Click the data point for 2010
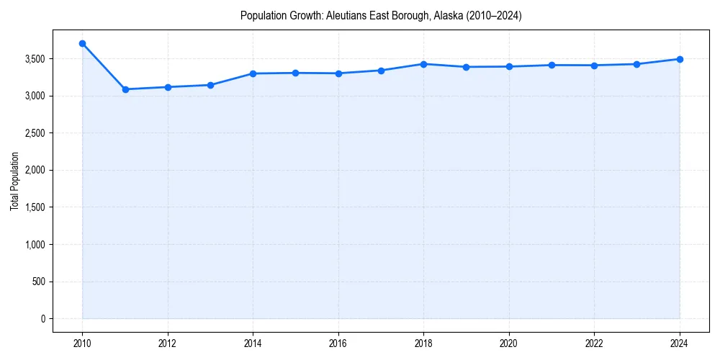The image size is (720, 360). point(82,44)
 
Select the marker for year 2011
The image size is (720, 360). point(125,89)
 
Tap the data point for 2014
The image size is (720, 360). point(253,73)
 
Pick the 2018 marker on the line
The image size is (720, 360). point(423,64)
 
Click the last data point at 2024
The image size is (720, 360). point(680,59)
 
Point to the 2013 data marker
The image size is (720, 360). point(210,85)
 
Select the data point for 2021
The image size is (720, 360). point(552,65)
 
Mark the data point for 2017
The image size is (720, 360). point(381,71)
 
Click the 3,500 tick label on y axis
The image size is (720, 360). point(34,59)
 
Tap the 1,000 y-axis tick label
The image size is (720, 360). point(34,245)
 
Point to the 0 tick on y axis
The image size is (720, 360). point(42,319)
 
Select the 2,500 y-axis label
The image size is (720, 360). point(34,133)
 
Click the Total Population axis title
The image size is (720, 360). point(14,181)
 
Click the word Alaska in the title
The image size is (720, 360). point(449,15)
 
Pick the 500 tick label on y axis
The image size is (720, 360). point(37,282)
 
